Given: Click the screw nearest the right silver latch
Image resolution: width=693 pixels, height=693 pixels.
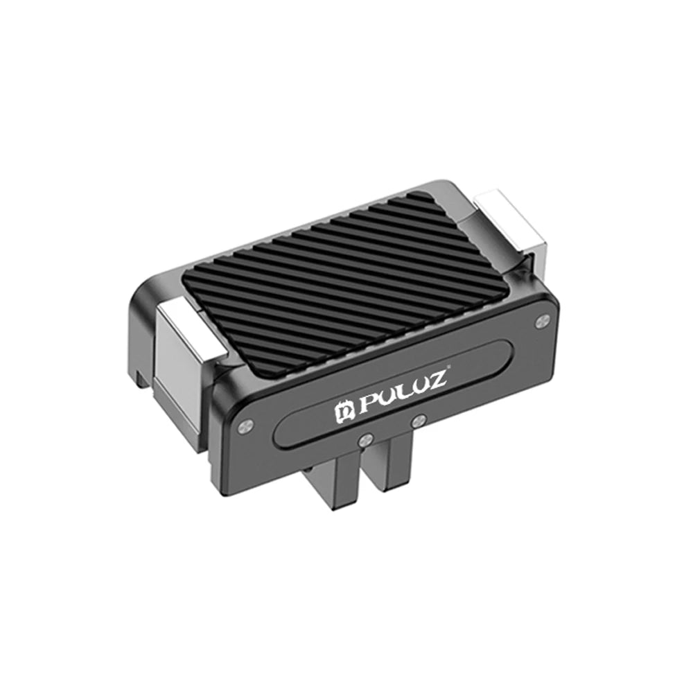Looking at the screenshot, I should pyautogui.click(x=543, y=319).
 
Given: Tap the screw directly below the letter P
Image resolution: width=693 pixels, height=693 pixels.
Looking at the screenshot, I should pyautogui.click(x=365, y=439).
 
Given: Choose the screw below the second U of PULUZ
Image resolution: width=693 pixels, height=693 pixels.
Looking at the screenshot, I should pyautogui.click(x=417, y=420).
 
